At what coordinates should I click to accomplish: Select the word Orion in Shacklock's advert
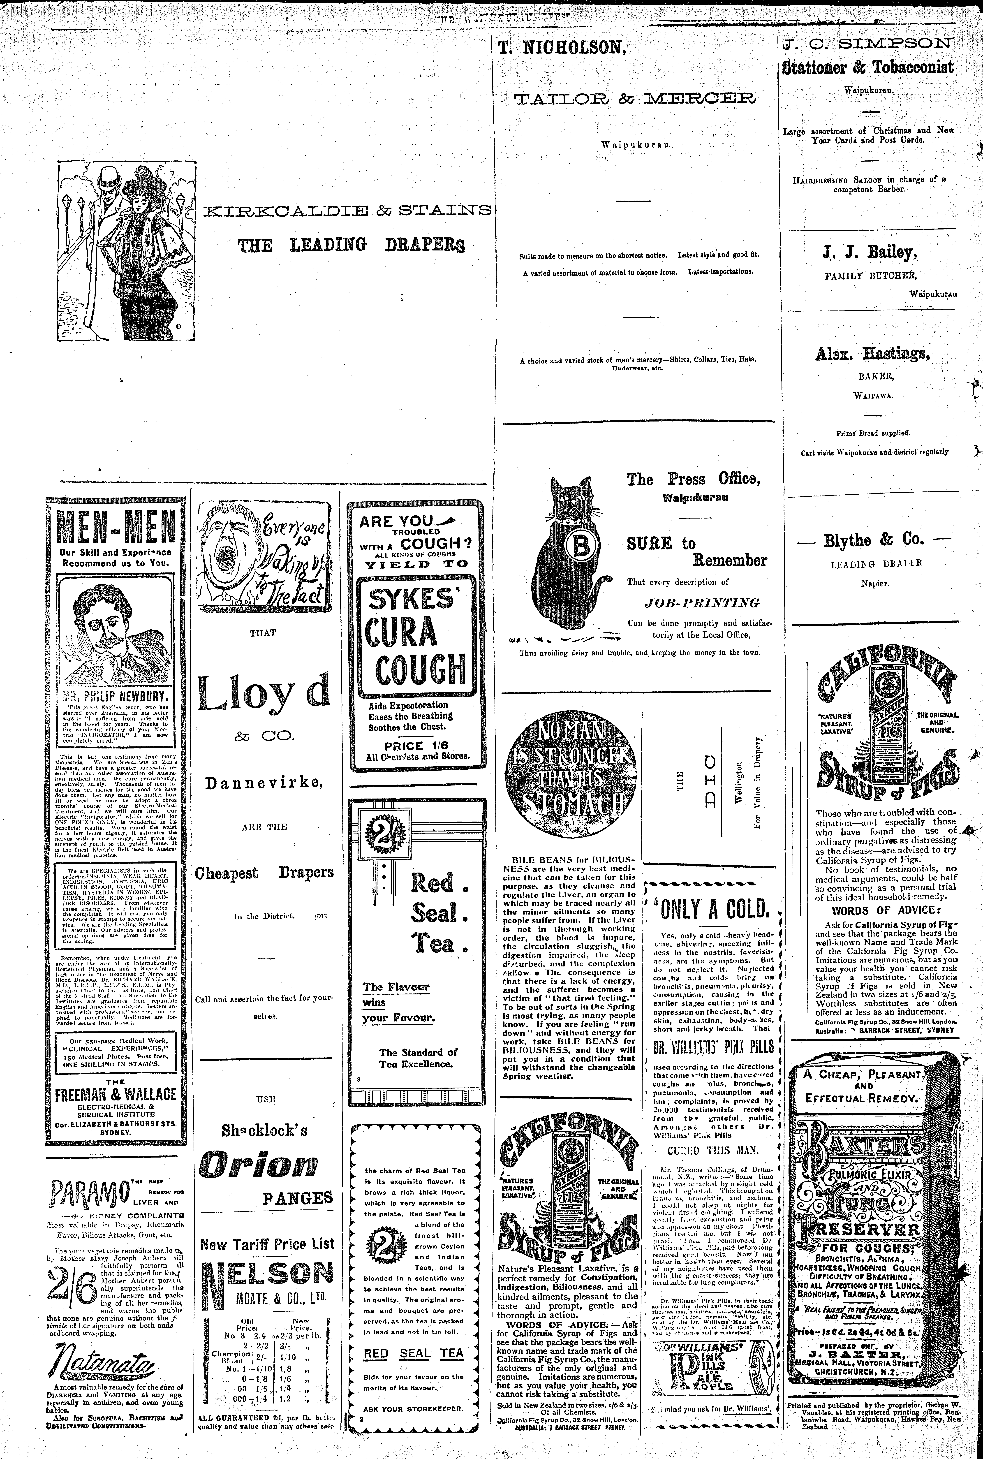pos(258,1165)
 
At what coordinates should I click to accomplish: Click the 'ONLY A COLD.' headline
pos(714,908)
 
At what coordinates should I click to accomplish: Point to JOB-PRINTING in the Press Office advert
pos(702,603)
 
